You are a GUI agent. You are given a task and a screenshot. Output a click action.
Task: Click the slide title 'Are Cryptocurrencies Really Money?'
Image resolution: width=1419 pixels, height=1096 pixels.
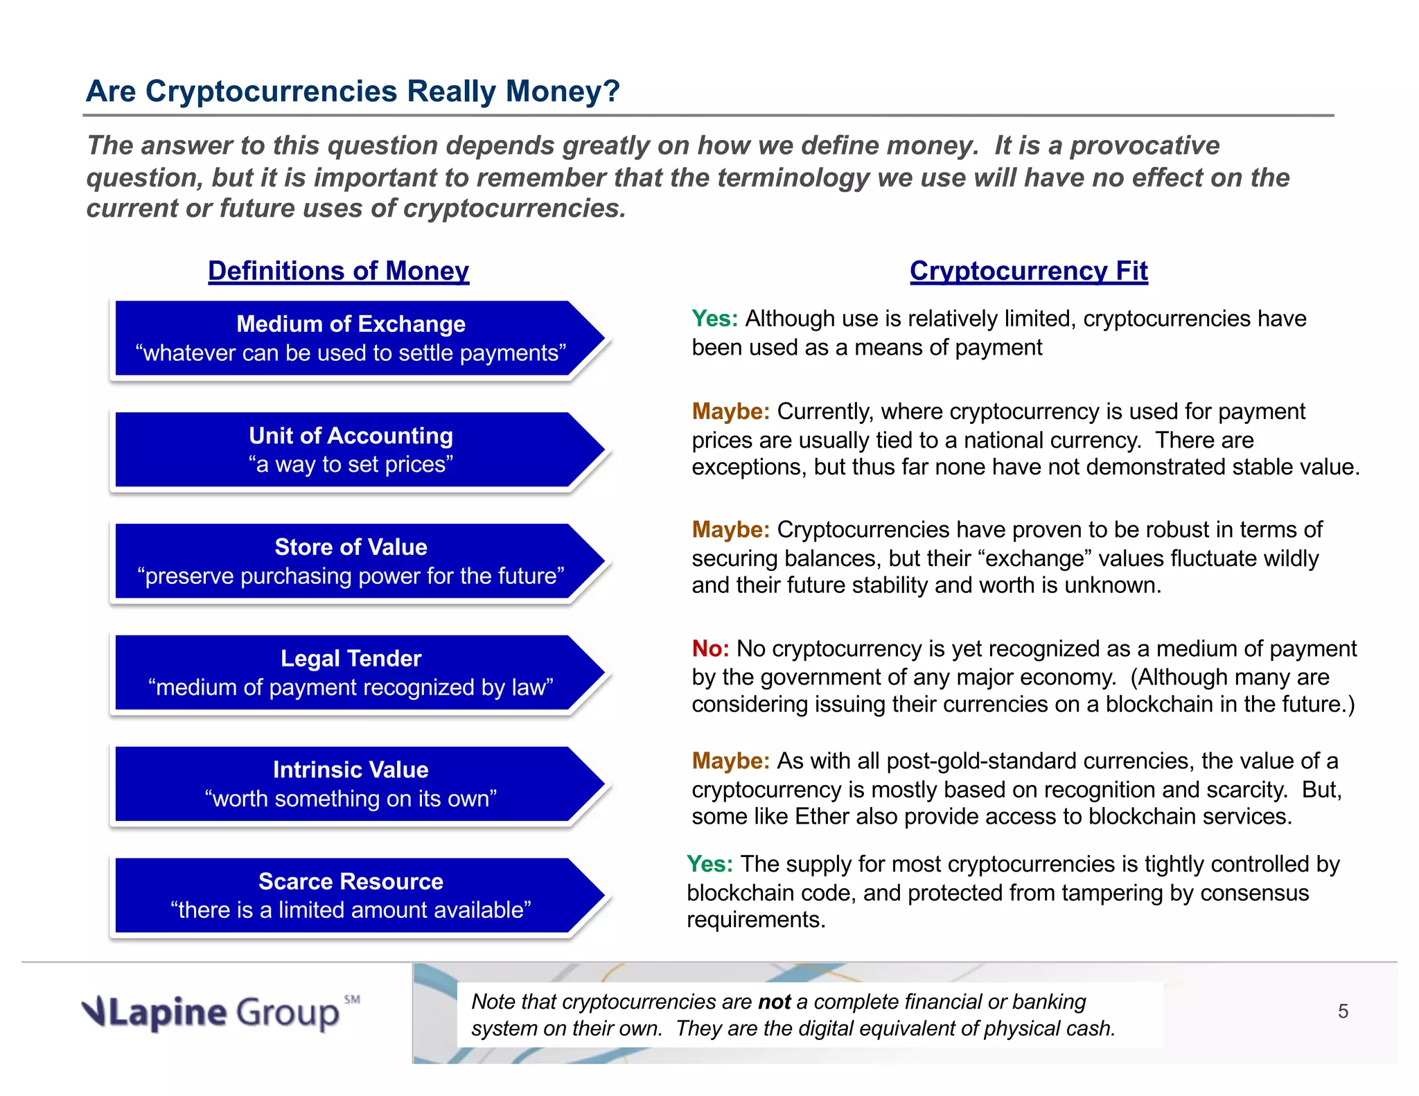[353, 91]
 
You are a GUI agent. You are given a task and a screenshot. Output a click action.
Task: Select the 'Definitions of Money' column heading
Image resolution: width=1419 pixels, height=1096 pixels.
[338, 271]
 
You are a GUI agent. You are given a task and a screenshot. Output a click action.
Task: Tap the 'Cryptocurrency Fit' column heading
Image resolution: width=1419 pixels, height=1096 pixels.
[1028, 271]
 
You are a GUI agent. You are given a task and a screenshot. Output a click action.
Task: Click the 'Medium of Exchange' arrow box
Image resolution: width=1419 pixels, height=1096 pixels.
[351, 339]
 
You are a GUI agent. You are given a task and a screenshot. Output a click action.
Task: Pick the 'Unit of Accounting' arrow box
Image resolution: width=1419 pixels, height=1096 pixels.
[351, 450]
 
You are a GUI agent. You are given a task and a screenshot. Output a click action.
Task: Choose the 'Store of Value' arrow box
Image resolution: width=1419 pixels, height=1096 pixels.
[351, 562]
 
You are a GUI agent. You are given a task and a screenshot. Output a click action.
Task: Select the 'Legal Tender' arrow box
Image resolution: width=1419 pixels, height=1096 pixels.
[351, 673]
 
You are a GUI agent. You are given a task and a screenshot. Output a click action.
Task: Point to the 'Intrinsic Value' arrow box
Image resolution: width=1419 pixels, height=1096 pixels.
[351, 784]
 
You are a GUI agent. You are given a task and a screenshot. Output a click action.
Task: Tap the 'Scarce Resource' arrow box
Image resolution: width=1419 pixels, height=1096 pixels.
[351, 896]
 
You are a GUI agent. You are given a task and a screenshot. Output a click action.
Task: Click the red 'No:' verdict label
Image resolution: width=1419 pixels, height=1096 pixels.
[710, 648]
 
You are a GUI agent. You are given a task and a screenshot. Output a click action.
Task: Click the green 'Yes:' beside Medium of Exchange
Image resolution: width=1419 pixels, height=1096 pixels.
[715, 319]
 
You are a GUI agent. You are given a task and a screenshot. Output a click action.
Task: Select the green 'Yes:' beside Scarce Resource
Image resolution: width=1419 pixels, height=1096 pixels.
[709, 865]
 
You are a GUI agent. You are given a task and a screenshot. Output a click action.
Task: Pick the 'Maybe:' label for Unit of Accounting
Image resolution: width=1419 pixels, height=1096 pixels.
[730, 412]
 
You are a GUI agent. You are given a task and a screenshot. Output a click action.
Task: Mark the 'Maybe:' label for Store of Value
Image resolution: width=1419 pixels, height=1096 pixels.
[730, 530]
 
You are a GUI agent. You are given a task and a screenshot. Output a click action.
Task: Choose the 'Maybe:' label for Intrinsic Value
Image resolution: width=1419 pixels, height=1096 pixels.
[730, 761]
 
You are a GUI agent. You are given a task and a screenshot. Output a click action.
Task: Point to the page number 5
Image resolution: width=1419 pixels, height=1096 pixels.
[1343, 1012]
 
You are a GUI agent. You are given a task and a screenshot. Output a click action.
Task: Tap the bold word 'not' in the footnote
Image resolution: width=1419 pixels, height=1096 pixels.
[774, 1002]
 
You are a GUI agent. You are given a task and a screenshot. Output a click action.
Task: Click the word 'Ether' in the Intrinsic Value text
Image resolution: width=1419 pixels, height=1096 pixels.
[822, 817]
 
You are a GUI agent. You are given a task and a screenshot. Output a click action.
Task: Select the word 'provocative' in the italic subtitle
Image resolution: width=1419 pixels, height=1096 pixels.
[1145, 145]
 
